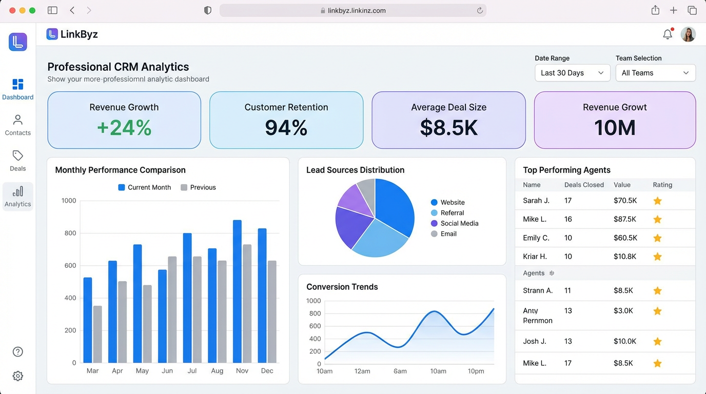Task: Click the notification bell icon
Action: [667, 34]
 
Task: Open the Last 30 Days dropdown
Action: [572, 73]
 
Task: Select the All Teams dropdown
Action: [655, 73]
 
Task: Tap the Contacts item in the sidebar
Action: [18, 125]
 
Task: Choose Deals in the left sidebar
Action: [18, 161]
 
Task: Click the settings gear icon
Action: [18, 376]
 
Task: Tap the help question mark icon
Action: [18, 351]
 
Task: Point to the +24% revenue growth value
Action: [124, 128]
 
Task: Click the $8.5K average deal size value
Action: [448, 128]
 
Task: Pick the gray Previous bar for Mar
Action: [97, 334]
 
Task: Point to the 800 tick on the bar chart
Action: [69, 233]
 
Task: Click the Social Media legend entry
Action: [459, 223]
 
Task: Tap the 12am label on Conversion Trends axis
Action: [362, 371]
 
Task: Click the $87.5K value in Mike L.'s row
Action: [624, 219]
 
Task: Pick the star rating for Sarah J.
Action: [657, 201]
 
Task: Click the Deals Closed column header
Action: [584, 185]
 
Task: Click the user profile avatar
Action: [688, 34]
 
